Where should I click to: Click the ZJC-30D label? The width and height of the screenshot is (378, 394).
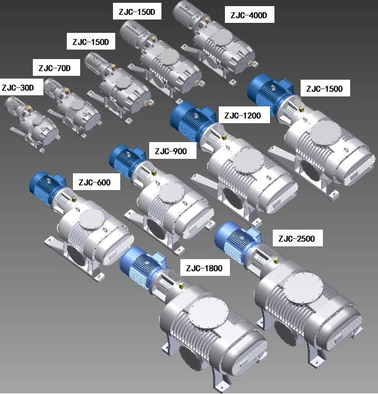pyautogui.click(x=18, y=87)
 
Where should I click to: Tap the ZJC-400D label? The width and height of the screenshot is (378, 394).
pyautogui.click(x=249, y=15)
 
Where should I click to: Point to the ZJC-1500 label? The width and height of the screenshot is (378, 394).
pyautogui.click(x=325, y=89)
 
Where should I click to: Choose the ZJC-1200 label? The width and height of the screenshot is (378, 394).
pyautogui.click(x=243, y=115)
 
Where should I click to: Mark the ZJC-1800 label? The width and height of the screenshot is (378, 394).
pyautogui.click(x=204, y=268)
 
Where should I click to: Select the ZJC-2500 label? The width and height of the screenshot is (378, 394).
pyautogui.click(x=297, y=238)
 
